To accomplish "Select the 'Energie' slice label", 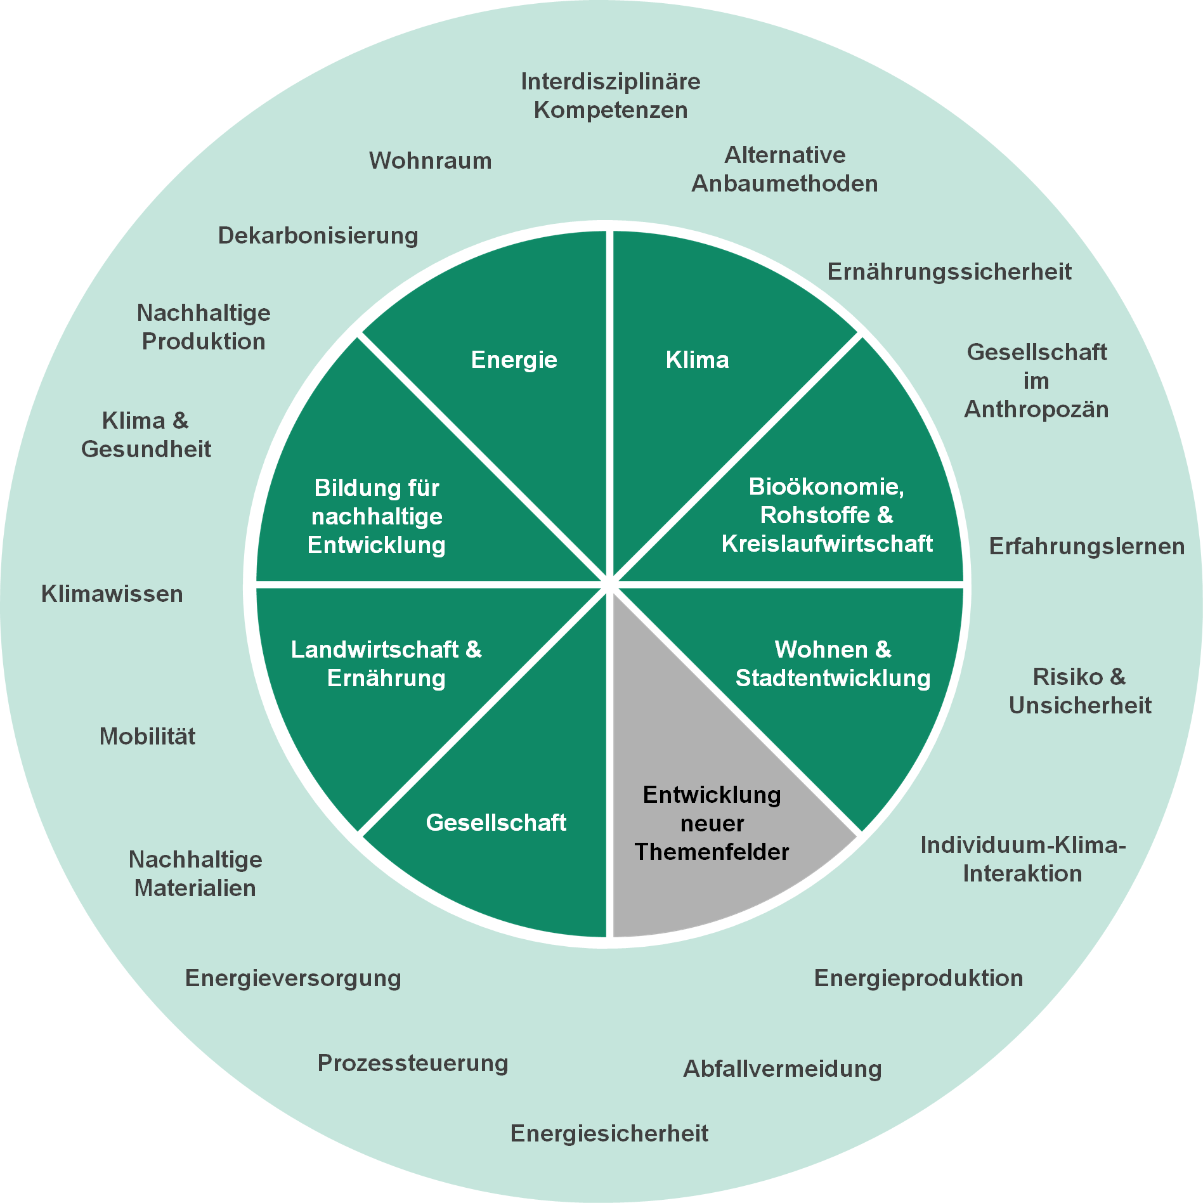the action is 514,360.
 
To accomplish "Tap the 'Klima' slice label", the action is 697,360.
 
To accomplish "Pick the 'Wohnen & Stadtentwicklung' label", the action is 833,663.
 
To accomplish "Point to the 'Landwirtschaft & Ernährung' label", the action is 386,663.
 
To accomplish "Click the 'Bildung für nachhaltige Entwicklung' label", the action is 377,516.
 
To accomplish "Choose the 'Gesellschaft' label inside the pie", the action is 496,823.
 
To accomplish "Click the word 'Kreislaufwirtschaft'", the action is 827,543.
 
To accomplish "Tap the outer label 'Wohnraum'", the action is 431,160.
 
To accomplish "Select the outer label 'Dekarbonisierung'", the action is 318,235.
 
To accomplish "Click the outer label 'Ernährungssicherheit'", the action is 949,271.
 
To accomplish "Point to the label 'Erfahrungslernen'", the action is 1087,546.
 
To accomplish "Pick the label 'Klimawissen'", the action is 112,594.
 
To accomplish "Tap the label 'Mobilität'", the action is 148,736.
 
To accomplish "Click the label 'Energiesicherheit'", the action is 609,1133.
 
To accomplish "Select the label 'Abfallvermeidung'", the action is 783,1069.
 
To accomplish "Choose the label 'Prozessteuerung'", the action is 413,1063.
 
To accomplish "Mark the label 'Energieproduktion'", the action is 919,978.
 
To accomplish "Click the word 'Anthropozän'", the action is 1036,409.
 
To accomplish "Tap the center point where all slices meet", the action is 609,584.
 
